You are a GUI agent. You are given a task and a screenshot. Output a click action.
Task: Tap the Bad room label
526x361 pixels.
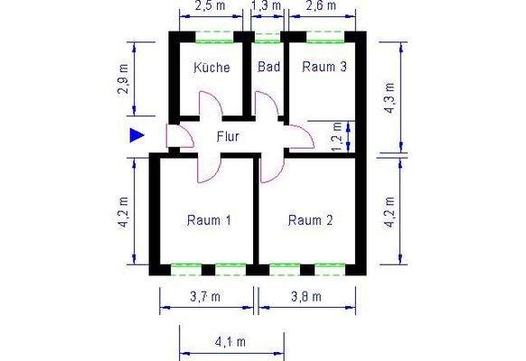point(268,68)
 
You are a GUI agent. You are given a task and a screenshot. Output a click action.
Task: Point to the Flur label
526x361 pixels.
point(227,137)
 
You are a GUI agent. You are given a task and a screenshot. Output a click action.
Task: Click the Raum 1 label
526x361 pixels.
point(209,220)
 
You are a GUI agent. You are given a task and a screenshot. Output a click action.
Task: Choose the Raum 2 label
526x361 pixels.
point(311,220)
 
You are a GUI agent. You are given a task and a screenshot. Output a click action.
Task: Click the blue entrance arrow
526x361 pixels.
point(136,135)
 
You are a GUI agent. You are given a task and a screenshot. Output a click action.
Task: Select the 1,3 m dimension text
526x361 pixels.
point(264,7)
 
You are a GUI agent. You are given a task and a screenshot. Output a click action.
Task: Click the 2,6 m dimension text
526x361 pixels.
point(321,7)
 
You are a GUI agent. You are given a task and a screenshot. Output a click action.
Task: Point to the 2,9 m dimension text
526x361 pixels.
point(125,79)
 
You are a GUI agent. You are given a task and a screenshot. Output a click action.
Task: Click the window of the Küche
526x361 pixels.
point(215,38)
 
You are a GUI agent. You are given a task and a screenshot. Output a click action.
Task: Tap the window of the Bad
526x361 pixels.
point(268,38)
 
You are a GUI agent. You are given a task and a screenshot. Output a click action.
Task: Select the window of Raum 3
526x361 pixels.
point(325,38)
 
